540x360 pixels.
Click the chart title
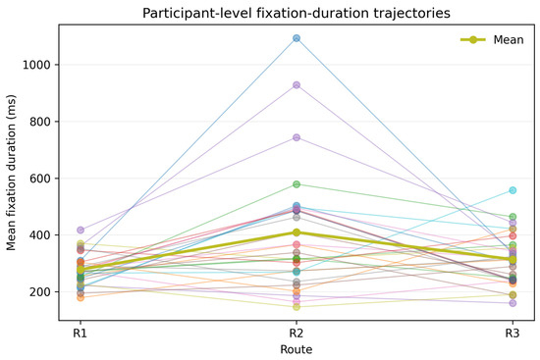[297, 13]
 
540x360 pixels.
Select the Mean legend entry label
[509, 40]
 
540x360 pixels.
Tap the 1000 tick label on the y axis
[37, 65]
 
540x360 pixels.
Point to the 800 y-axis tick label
[40, 122]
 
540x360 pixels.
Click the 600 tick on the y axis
[40, 179]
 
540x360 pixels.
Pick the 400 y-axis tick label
[40, 235]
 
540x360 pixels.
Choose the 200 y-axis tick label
[40, 292]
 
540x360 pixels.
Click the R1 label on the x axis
[80, 334]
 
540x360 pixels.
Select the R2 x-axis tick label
[297, 334]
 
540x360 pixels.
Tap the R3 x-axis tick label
[513, 334]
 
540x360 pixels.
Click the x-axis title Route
[297, 349]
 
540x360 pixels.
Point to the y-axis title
[11, 173]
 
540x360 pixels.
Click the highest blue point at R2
[297, 38]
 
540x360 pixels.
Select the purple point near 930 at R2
[297, 85]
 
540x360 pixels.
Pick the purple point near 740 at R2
[297, 137]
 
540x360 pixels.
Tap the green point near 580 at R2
[297, 184]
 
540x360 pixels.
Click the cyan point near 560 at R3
[513, 190]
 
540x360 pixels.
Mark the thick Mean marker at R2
[297, 232]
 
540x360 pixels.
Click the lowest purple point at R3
[513, 303]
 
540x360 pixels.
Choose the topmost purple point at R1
[81, 230]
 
